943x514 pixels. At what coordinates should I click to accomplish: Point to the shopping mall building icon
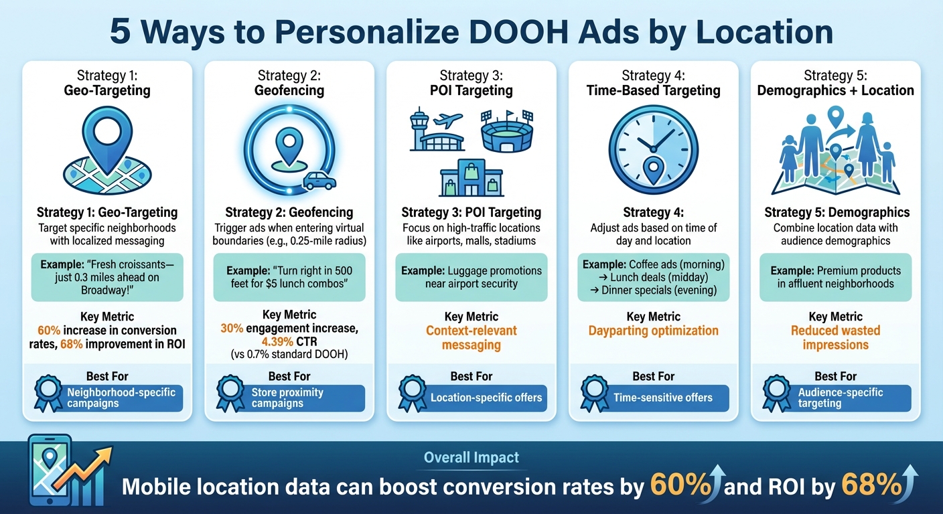472,178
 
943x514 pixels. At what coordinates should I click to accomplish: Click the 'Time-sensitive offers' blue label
663,398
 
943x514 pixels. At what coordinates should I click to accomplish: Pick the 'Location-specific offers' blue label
486,398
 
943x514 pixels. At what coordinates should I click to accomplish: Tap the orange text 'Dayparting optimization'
653,331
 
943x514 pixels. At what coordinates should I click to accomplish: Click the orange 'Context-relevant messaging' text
472,338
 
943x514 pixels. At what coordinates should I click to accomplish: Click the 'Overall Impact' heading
472,458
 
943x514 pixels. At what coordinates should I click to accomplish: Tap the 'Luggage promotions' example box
472,277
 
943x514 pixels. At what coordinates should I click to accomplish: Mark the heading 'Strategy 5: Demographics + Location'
835,83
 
